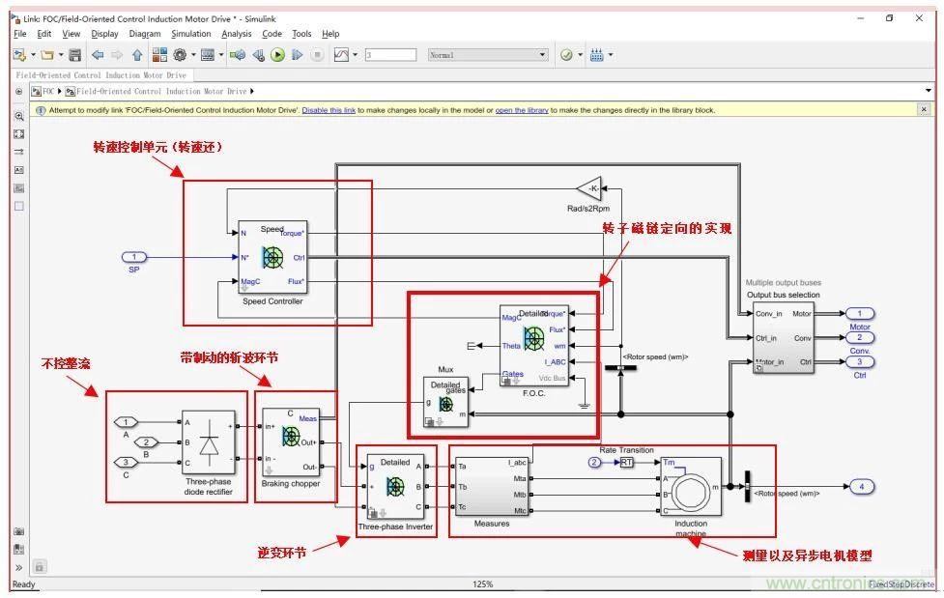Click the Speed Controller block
click(272, 257)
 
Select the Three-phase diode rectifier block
click(209, 445)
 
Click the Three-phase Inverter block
click(395, 487)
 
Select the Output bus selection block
click(784, 338)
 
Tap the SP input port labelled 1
click(135, 257)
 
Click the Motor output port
click(859, 313)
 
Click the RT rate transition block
click(627, 463)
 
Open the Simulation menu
click(190, 34)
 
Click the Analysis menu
click(236, 34)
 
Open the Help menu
click(330, 34)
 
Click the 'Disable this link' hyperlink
click(328, 110)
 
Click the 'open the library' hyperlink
click(522, 110)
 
